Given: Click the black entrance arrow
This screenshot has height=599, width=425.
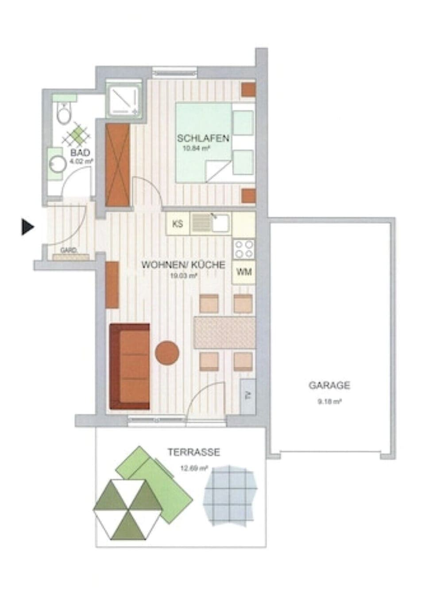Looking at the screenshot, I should point(28,227).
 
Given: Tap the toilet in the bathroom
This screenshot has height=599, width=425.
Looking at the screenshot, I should point(64,113).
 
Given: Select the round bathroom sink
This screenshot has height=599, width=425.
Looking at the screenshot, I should point(57,165).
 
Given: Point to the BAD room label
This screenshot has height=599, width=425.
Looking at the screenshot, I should point(80,153).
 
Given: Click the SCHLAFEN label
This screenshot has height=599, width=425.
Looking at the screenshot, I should point(203,138).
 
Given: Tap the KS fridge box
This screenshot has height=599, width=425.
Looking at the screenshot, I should point(178,224).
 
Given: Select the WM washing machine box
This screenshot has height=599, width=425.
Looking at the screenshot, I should point(244,272).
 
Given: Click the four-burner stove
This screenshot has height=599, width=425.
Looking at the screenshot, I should point(244,249).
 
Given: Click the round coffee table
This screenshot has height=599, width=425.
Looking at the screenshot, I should point(167,353).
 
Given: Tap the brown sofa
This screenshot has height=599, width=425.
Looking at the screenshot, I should point(130,366).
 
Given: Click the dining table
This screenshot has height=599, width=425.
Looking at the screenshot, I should point(224,333).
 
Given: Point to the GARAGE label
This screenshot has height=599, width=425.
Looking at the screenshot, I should point(329,385).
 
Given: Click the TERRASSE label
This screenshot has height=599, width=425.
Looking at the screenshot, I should point(193,453).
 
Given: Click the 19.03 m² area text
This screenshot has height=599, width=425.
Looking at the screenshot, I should point(183,275).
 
